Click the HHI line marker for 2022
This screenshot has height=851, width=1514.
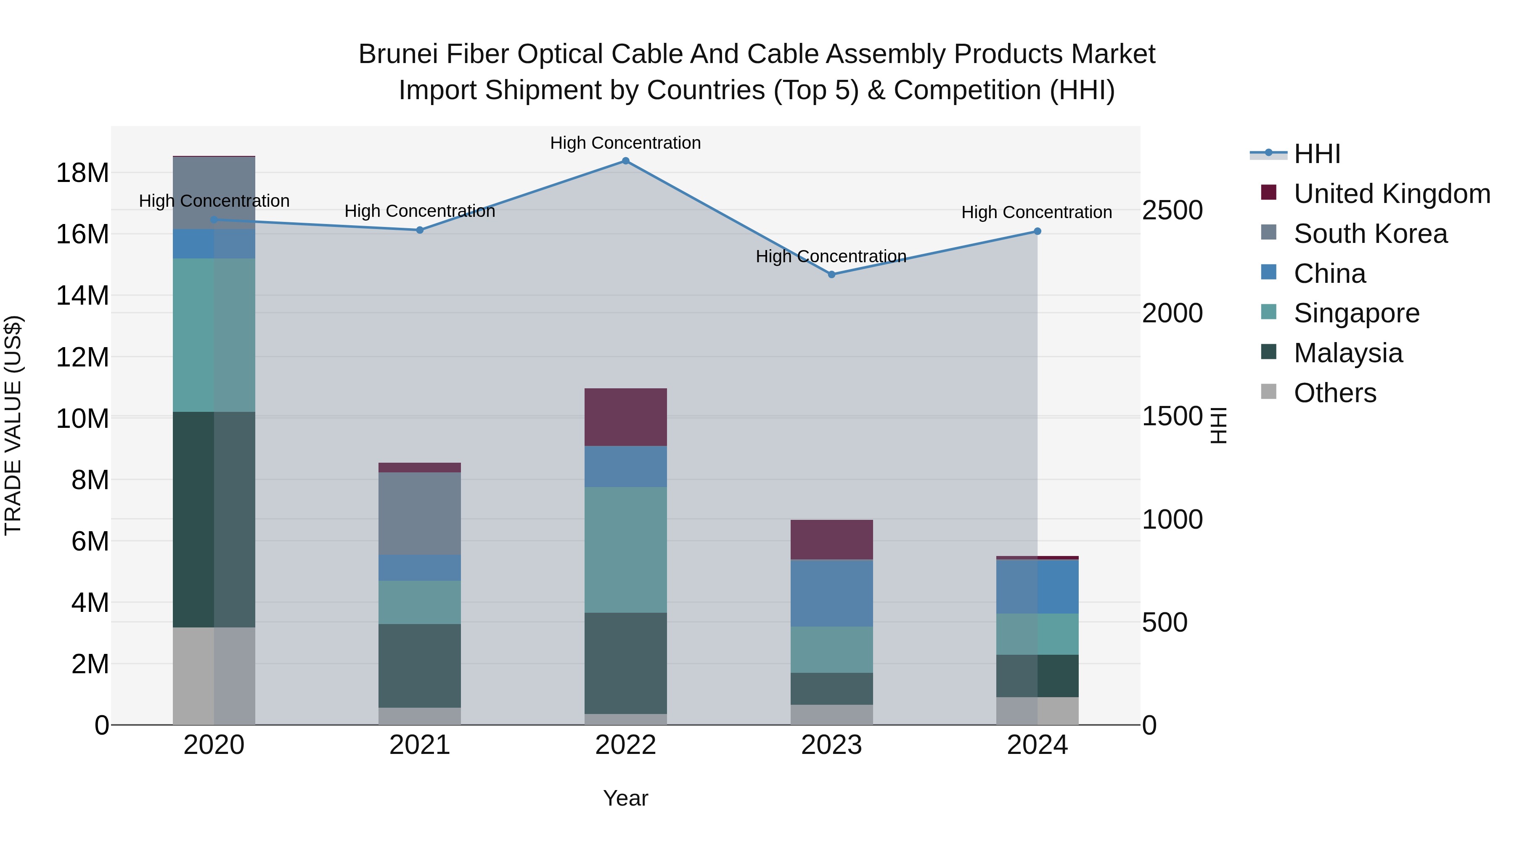[x=625, y=161]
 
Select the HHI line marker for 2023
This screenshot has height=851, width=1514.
[x=831, y=274]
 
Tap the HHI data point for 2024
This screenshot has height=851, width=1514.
[x=1038, y=232]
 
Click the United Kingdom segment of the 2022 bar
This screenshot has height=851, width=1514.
[x=625, y=417]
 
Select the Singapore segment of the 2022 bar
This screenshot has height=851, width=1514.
[x=625, y=550]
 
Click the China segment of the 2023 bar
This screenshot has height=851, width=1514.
[x=831, y=593]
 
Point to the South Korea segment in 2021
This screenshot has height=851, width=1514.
[x=420, y=513]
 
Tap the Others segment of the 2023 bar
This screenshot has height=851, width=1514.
[x=831, y=715]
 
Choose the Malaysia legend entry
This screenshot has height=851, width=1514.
[x=1348, y=353]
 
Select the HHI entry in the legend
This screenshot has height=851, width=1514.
[x=1316, y=154]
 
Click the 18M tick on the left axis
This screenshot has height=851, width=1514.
[x=82, y=173]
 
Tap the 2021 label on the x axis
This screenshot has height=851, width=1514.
[x=420, y=745]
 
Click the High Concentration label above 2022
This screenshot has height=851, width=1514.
[x=625, y=143]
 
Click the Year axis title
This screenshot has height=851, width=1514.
[x=625, y=798]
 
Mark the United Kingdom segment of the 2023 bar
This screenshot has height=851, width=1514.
[x=831, y=540]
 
